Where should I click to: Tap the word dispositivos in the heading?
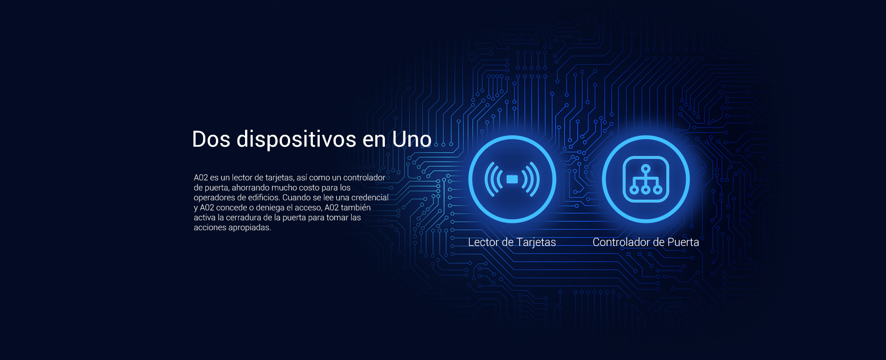pyautogui.click(x=296, y=140)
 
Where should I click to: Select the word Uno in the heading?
pyautogui.click(x=412, y=139)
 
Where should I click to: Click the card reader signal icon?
pyautogui.click(x=512, y=179)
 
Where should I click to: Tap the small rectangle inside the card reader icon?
pyautogui.click(x=512, y=179)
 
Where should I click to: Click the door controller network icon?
pyautogui.click(x=646, y=179)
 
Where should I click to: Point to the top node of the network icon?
pyautogui.click(x=646, y=168)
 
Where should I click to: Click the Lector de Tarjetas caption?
pyautogui.click(x=512, y=242)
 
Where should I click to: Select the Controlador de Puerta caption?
pyautogui.click(x=646, y=242)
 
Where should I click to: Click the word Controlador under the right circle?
pyautogui.click(x=621, y=242)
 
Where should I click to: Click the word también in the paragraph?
pyautogui.click(x=356, y=208)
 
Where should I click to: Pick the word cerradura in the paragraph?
pyautogui.click(x=244, y=218)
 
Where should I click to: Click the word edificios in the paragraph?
pyautogui.click(x=264, y=198)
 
